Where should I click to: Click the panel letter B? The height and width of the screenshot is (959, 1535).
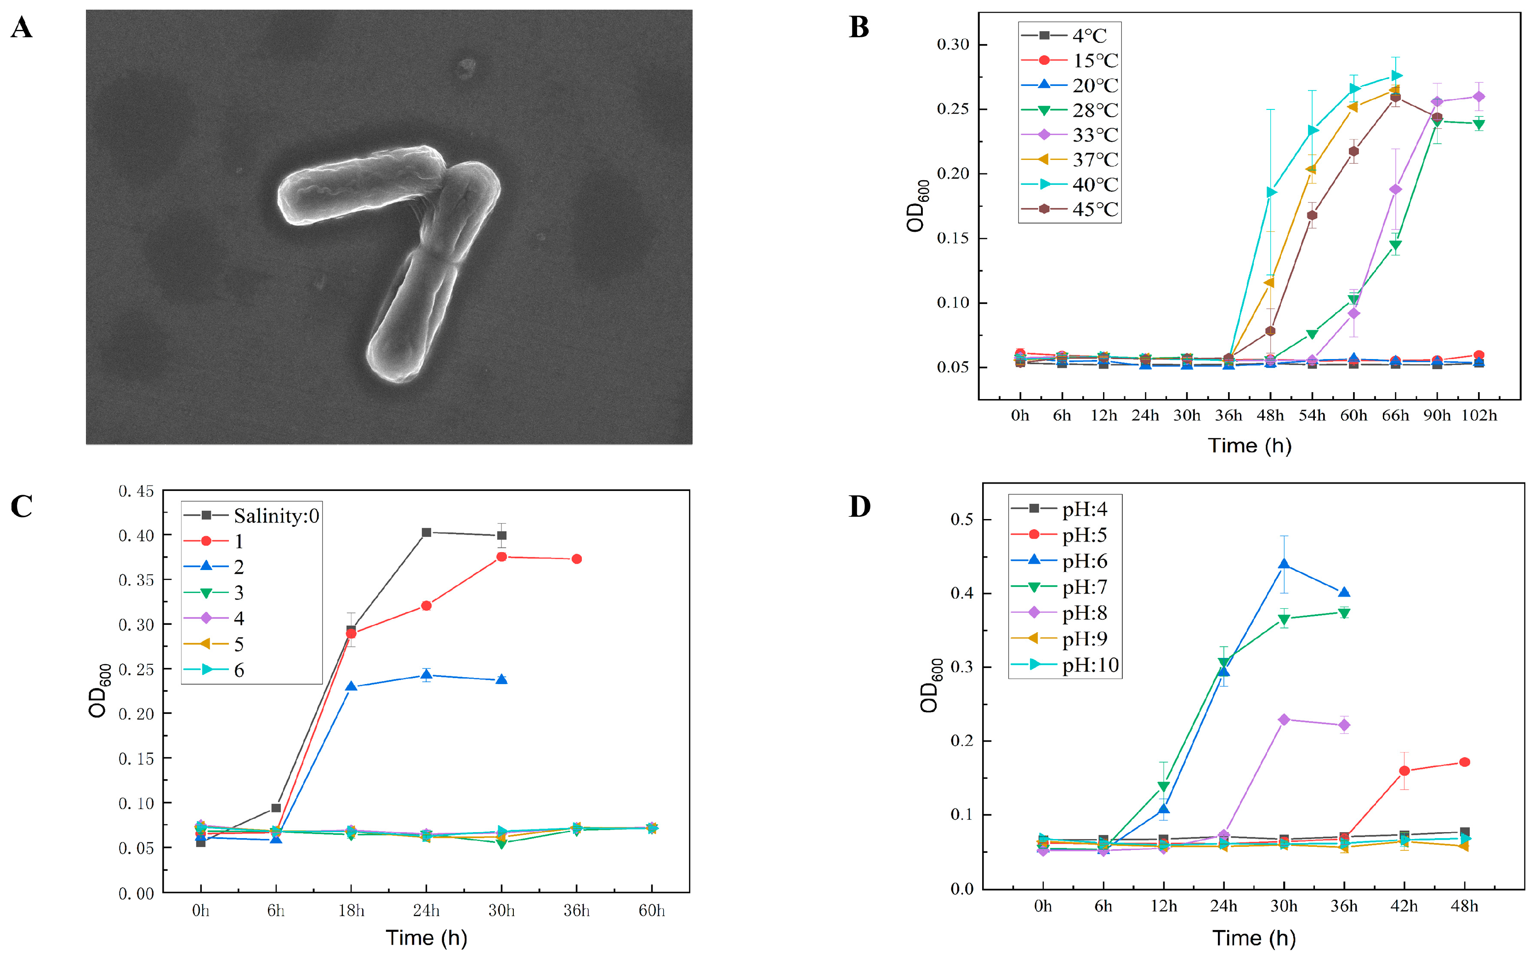(858, 27)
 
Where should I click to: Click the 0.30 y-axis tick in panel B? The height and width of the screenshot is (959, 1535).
(953, 45)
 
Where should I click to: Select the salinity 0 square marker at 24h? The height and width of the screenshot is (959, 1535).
(426, 533)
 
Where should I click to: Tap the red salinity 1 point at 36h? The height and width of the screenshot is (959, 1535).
(576, 559)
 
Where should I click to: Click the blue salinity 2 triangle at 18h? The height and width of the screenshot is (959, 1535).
(351, 686)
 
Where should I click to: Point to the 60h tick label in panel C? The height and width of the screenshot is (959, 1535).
(651, 911)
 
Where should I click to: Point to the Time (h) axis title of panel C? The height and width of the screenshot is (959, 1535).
(426, 937)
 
